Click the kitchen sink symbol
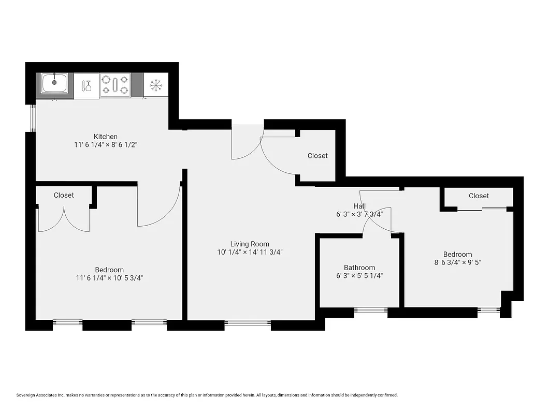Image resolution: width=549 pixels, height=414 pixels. pyautogui.click(x=54, y=83)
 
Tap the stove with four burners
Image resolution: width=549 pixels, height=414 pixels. pyautogui.click(x=115, y=85)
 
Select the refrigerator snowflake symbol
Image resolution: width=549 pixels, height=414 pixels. pyautogui.click(x=155, y=85)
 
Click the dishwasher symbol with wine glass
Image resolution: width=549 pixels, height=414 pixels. pyautogui.click(x=86, y=85)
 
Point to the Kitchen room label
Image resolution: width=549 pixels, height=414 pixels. pyautogui.click(x=105, y=137)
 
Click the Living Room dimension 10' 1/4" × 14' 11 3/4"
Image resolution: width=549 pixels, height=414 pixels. pyautogui.click(x=250, y=253)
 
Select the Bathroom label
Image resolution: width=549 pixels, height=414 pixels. pyautogui.click(x=359, y=268)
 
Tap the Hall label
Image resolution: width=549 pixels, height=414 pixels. pyautogui.click(x=359, y=206)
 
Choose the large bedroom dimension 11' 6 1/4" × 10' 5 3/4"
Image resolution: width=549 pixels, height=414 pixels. pyautogui.click(x=109, y=278)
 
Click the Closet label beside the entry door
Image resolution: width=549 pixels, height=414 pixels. pyautogui.click(x=317, y=156)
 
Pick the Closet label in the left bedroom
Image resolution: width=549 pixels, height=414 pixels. pyautogui.click(x=64, y=195)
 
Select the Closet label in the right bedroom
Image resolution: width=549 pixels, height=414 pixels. pyautogui.click(x=479, y=196)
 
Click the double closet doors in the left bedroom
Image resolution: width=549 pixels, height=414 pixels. pyautogui.click(x=64, y=220)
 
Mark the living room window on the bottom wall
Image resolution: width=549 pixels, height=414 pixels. pyautogui.click(x=248, y=324)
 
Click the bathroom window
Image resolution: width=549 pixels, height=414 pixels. pyautogui.click(x=371, y=310)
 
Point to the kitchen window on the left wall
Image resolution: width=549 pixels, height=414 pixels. pyautogui.click(x=33, y=118)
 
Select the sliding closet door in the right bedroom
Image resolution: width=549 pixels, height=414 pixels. pyautogui.click(x=482, y=209)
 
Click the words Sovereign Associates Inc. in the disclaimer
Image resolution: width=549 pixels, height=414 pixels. pyautogui.click(x=42, y=395)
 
